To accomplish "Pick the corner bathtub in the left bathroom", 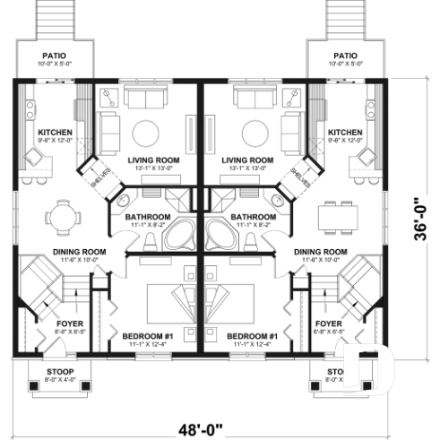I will point(185,235).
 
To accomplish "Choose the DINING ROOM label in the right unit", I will point(321,252).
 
